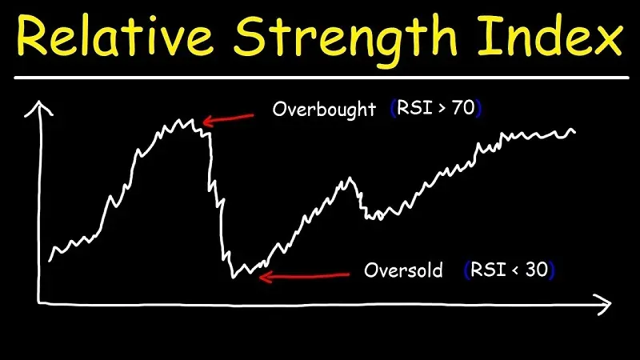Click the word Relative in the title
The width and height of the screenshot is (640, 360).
[119, 38]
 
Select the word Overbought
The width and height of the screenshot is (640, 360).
[324, 110]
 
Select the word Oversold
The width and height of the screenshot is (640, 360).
[403, 270]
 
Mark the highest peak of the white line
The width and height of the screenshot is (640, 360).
[192, 121]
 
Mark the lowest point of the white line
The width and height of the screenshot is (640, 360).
[234, 277]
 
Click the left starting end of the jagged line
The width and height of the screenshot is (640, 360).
[50, 260]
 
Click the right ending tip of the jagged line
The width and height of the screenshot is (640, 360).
[574, 131]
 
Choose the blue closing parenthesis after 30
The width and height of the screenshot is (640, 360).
[552, 270]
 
